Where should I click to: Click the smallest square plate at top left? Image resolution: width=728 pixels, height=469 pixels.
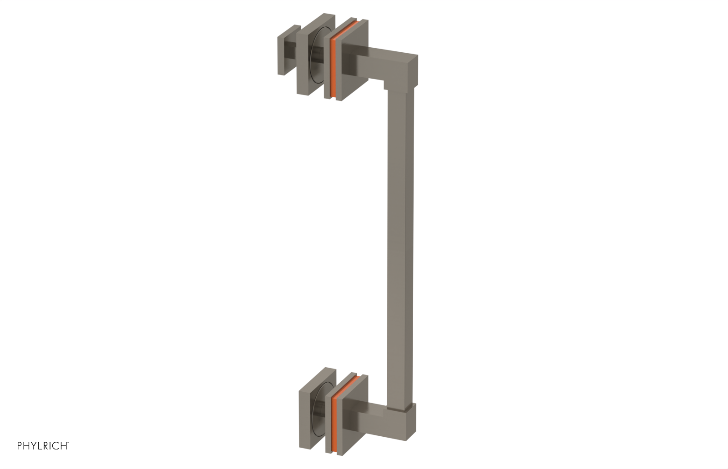point(283,53)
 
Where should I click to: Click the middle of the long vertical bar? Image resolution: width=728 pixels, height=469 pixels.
point(400,245)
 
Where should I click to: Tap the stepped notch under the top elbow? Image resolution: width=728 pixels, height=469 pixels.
point(386,85)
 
